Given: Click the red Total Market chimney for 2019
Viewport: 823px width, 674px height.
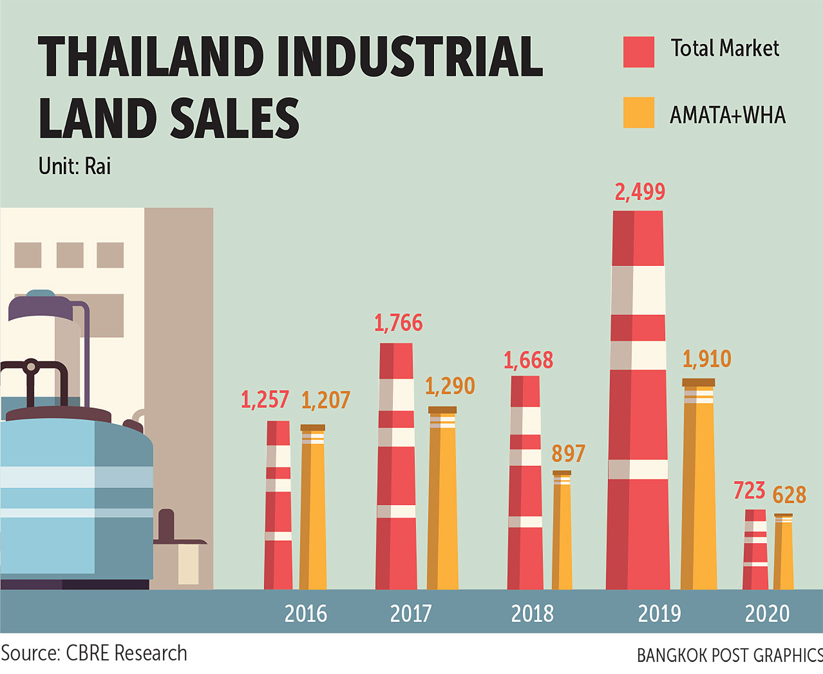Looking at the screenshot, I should coord(638,401).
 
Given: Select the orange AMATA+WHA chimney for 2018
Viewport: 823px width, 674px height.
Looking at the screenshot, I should coord(562,531).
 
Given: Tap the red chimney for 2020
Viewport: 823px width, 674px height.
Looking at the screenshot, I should coord(756,549).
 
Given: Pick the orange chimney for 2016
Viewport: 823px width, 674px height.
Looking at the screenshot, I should coord(313,508).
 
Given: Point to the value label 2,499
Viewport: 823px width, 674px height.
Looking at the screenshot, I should coord(640,192).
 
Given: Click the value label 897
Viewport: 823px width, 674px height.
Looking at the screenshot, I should coord(568,454).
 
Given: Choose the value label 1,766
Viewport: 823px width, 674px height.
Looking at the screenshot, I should coord(398,323).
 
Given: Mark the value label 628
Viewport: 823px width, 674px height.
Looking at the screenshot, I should coord(790,495).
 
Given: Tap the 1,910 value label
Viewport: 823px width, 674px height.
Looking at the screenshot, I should coord(707,359).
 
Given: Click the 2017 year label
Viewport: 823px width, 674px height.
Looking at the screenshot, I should coord(411,614).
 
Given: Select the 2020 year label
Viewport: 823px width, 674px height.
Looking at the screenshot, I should coord(767,614).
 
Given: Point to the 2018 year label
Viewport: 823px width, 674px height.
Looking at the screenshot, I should coord(532,614).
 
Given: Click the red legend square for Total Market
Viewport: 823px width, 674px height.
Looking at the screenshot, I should coord(639,52).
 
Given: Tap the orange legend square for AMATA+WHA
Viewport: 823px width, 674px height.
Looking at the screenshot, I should coord(639,113).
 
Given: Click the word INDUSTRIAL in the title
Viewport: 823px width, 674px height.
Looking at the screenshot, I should coord(410,57).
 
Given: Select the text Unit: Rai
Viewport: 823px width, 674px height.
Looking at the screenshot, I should coord(75,166).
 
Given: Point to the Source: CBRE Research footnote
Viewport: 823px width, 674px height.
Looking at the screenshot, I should coord(94,654).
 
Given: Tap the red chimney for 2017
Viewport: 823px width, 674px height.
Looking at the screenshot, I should coord(396,467).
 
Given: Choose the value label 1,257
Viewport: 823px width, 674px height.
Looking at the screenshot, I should coord(265,400).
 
